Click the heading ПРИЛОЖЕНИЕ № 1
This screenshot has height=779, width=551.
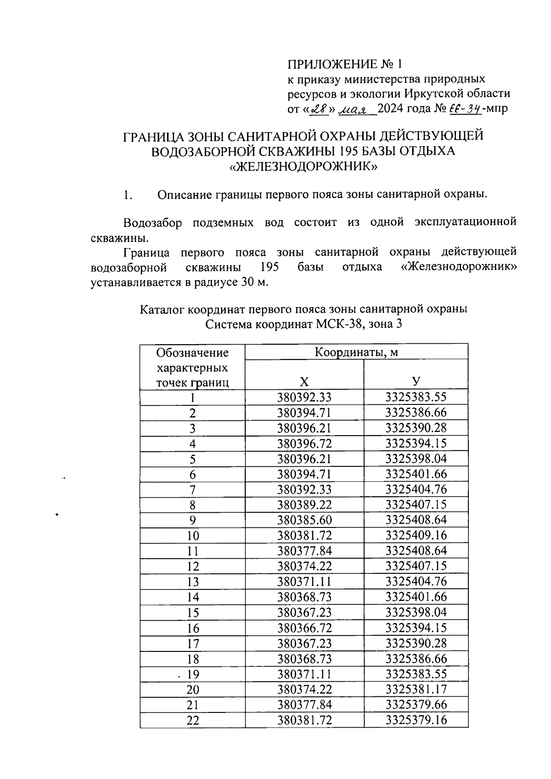347,63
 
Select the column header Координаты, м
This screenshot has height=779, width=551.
356,352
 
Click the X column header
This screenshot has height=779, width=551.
304,382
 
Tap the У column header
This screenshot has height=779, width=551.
416,382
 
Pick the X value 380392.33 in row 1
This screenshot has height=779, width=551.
304,397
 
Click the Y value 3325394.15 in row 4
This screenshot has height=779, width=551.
416,443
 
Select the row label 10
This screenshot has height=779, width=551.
193,536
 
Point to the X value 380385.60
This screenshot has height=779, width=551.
304,520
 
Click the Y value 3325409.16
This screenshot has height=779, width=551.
416,535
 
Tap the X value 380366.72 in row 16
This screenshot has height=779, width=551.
304,628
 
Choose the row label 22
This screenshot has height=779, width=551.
193,721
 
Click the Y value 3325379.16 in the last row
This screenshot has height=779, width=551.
416,720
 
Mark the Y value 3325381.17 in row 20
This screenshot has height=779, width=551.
416,689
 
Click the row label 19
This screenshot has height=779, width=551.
193,674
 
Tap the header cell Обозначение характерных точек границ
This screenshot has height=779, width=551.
192,367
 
